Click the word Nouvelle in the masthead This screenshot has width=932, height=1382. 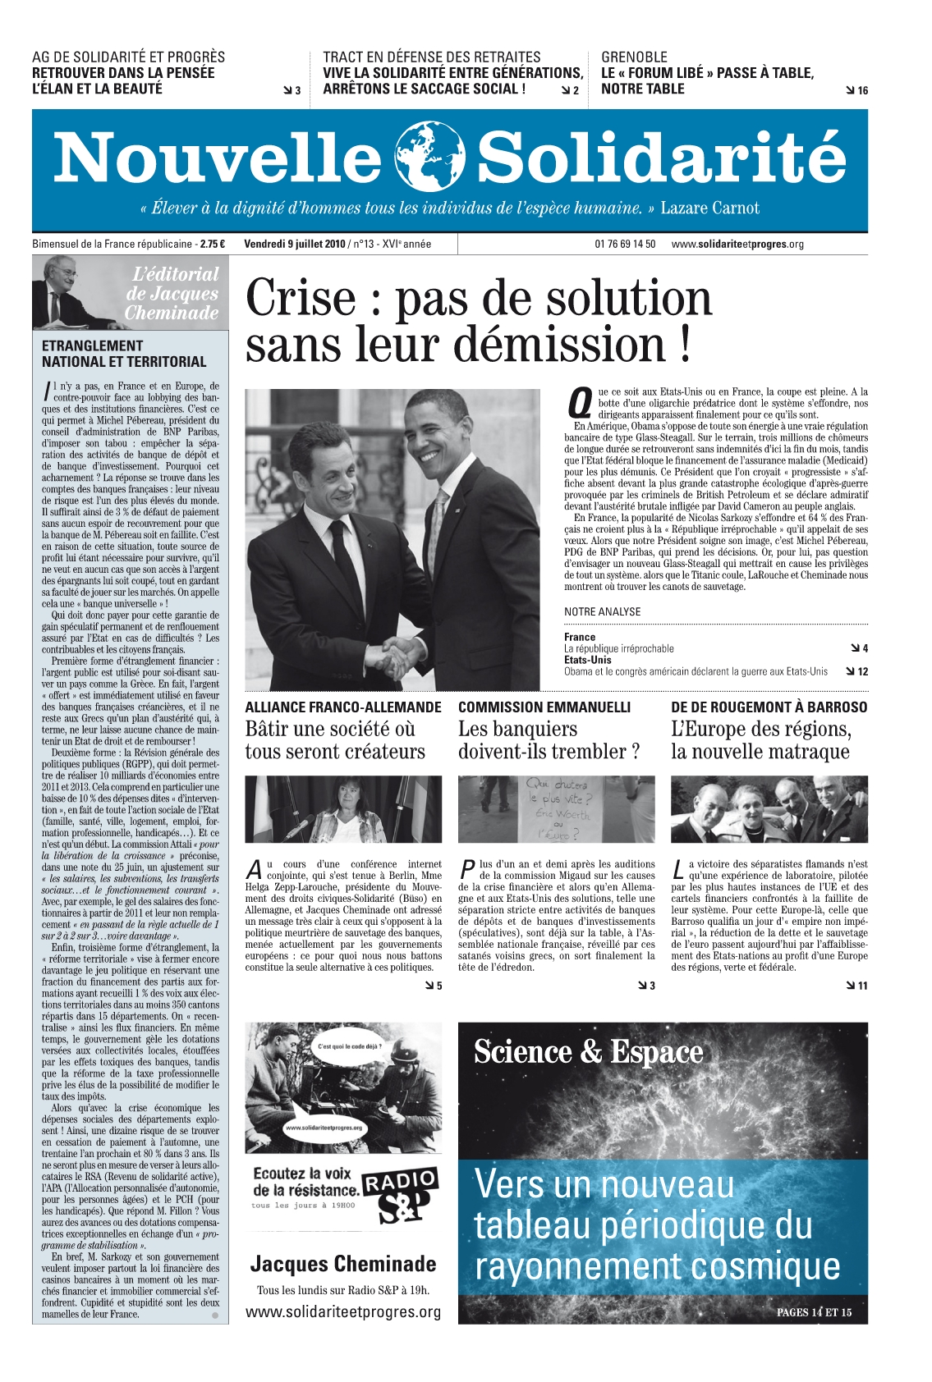click(x=217, y=158)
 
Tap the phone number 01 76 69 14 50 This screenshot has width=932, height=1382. click(x=625, y=244)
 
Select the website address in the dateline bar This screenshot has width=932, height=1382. click(x=737, y=244)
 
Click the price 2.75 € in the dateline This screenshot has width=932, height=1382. click(x=213, y=244)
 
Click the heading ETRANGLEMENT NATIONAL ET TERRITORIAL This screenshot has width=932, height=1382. click(x=124, y=354)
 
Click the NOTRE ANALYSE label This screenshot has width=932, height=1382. click(x=602, y=611)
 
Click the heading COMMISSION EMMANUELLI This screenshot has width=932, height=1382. click(x=544, y=707)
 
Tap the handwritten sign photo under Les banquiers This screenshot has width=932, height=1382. click(x=556, y=809)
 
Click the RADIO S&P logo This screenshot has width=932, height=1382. click(x=400, y=1194)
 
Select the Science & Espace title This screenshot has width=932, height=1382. click(x=588, y=1052)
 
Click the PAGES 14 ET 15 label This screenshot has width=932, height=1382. click(x=814, y=1312)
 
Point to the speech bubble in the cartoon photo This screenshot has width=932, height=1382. click(x=350, y=1048)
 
